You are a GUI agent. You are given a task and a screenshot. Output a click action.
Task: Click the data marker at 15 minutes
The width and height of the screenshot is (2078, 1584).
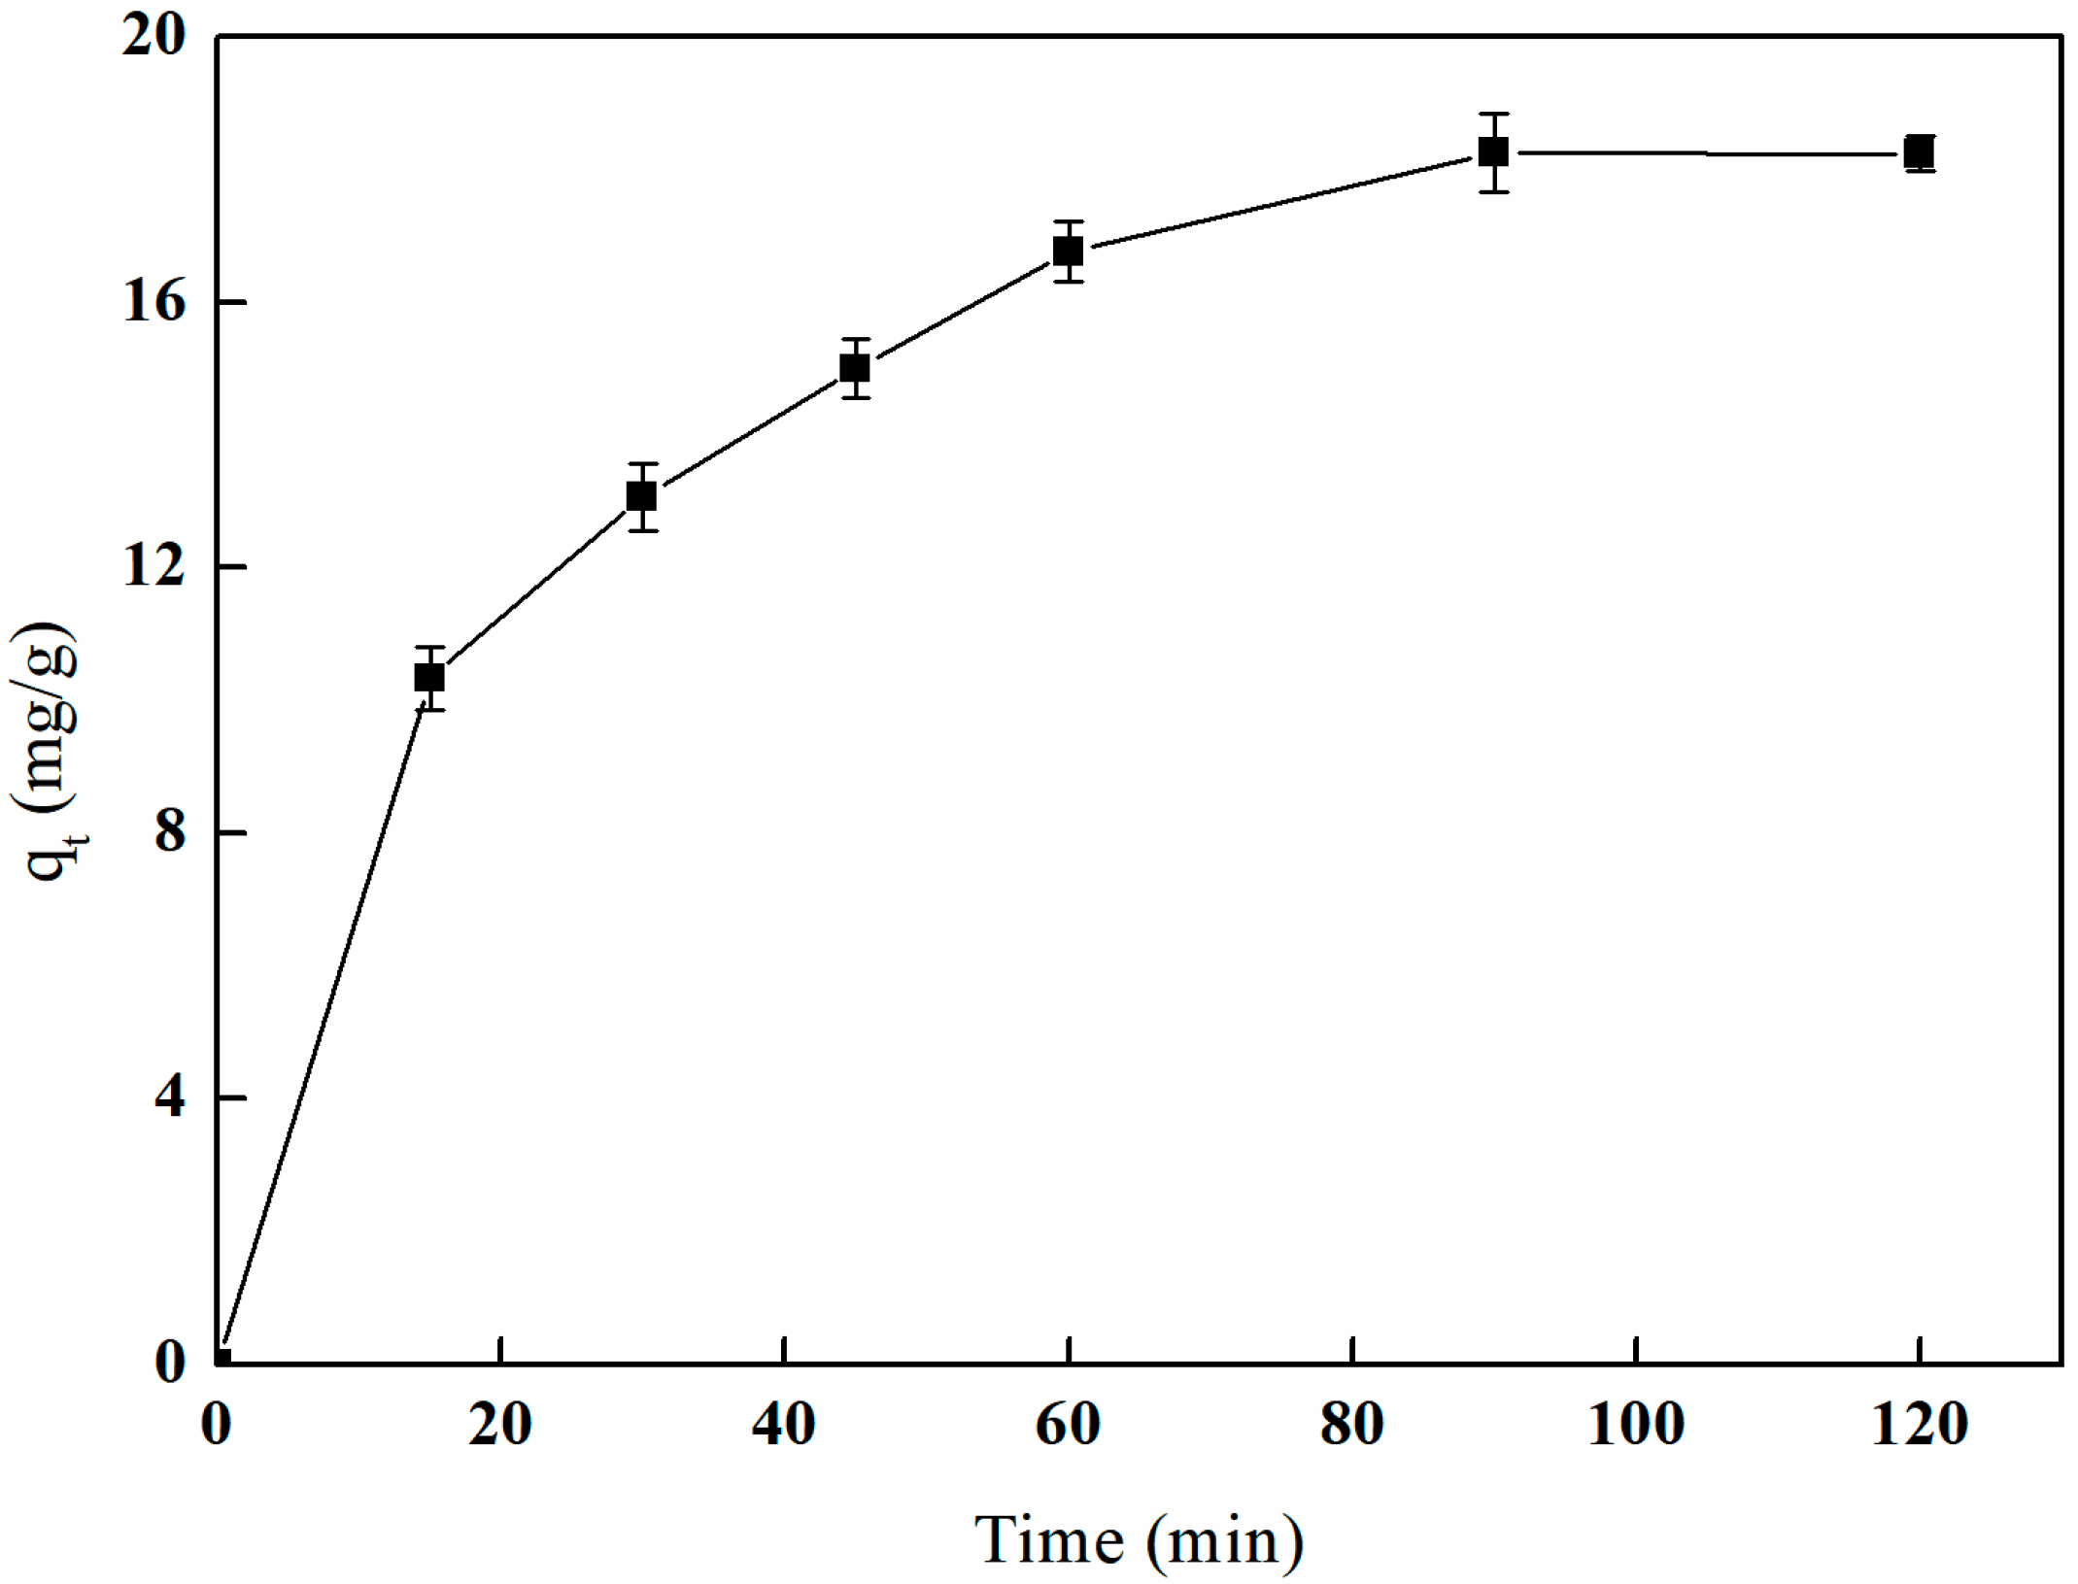coord(429,677)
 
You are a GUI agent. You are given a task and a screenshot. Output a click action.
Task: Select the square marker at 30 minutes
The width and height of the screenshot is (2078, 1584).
coord(642,496)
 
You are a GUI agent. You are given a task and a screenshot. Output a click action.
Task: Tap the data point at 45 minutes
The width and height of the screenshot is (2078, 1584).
coord(855,368)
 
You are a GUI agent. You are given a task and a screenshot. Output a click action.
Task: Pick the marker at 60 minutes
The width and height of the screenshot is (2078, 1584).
coord(1069,252)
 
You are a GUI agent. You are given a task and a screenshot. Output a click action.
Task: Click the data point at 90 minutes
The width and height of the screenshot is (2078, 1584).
coord(1494,152)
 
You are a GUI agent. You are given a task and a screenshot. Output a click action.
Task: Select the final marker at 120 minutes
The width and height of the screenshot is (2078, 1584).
coord(1920,153)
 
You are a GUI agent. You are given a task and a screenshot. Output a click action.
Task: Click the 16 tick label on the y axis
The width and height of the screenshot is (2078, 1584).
coord(153,302)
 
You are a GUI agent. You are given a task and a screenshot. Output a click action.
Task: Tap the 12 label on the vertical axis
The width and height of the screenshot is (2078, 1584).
coord(153,566)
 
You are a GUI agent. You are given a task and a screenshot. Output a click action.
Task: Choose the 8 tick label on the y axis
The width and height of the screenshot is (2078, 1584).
coord(169,832)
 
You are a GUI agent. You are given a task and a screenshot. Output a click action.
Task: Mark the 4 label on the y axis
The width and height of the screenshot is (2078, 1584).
coord(169,1097)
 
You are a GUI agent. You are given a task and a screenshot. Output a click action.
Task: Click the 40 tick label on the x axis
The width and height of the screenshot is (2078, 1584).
coord(784,1426)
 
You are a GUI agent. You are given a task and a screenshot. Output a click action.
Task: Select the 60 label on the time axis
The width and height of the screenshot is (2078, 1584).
coord(1068,1426)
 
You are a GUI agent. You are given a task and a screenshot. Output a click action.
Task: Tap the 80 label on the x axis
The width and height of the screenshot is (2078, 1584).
coord(1352,1426)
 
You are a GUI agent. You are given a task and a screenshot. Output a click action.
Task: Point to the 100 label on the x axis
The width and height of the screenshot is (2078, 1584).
coord(1636,1426)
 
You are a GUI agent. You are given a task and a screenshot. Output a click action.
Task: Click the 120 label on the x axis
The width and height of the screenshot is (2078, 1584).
coord(1920,1426)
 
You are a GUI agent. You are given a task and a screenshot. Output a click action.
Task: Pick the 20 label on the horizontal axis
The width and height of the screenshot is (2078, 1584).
coord(499,1426)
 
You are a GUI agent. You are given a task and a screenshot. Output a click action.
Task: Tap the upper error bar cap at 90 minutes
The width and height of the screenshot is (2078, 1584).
coord(1494,115)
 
